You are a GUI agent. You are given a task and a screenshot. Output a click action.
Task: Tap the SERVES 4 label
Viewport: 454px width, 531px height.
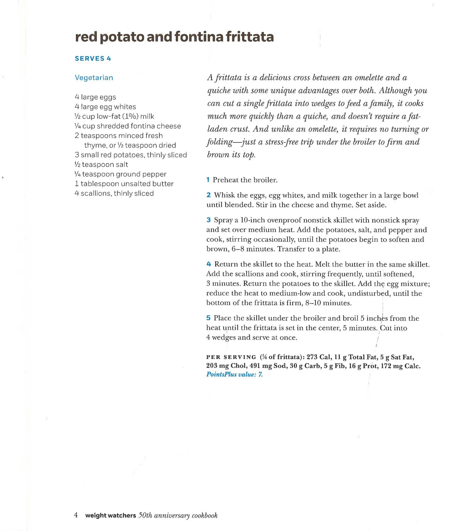click(93, 58)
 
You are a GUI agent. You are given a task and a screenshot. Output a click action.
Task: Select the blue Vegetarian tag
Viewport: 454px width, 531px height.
click(94, 78)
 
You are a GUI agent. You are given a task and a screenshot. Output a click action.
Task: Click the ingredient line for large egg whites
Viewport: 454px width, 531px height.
click(105, 107)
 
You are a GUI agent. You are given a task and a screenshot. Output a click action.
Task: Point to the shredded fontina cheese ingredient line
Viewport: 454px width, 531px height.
click(128, 126)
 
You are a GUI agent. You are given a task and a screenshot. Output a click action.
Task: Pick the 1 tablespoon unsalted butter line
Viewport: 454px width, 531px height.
click(124, 184)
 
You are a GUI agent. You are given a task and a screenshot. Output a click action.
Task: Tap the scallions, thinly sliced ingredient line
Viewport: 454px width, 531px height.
click(114, 193)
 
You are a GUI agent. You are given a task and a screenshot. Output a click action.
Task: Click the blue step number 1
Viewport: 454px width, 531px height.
click(208, 180)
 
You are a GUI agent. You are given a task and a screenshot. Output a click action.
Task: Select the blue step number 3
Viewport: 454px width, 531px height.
click(209, 220)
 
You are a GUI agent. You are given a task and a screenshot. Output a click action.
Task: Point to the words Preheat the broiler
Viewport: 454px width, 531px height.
click(245, 180)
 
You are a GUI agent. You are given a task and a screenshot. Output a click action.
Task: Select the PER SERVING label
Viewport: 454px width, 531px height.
click(231, 357)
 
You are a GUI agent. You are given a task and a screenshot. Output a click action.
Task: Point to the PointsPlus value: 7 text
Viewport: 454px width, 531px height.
click(235, 375)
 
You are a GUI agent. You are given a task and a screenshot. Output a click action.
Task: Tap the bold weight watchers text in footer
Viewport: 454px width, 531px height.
click(110, 516)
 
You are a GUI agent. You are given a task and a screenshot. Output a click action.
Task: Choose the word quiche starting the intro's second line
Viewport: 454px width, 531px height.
click(218, 91)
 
